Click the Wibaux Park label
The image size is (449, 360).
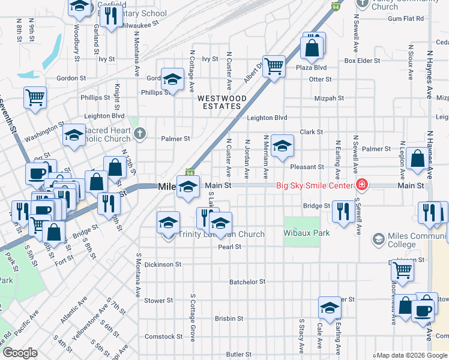click(307, 233)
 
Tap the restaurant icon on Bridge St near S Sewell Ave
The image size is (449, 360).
click(343, 211)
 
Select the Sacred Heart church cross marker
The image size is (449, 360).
click(139, 133)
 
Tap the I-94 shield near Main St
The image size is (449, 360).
click(191, 172)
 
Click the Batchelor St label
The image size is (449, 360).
click(247, 281)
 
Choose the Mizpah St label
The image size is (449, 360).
click(329, 98)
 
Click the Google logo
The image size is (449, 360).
click(20, 353)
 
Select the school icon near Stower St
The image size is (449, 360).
click(329, 307)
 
